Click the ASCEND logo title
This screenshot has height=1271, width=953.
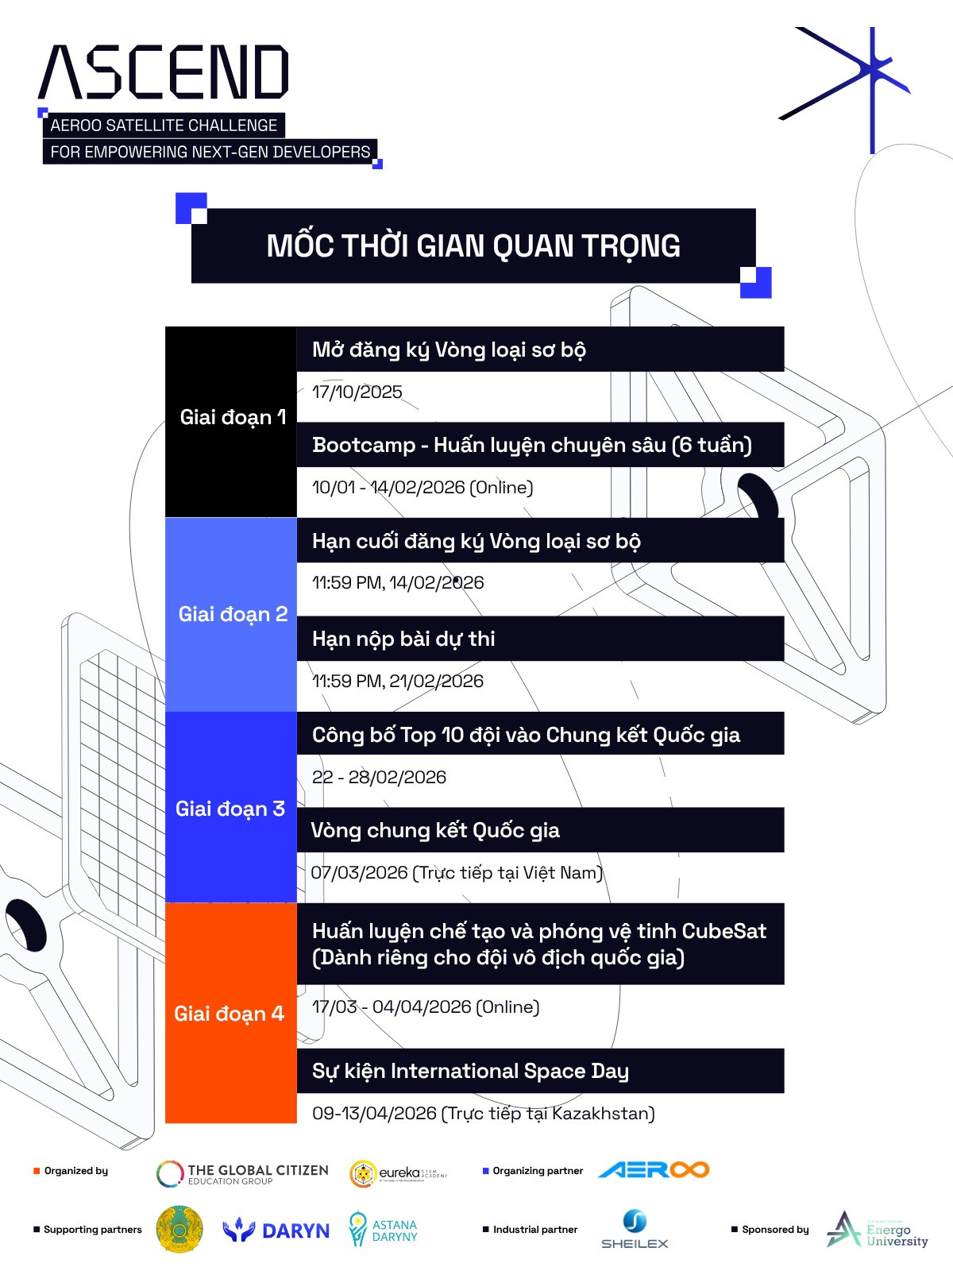pos(164,72)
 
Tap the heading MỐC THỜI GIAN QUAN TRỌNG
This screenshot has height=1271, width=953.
pos(473,246)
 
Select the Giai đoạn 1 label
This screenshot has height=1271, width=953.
pos(232,417)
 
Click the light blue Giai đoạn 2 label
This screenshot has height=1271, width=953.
pos(232,614)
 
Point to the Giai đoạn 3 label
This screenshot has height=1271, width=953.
pos(230,809)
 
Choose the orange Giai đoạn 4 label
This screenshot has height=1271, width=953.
pos(230,1014)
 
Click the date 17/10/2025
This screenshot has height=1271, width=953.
pos(357,392)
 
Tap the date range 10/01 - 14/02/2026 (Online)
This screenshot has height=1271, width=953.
pos(422,487)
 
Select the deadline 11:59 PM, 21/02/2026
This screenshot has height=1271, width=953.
pos(398,681)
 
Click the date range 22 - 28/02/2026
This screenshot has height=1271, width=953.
pos(380,777)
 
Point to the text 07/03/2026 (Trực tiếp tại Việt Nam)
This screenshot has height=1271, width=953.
pos(457,872)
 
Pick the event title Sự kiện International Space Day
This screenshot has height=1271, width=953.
pos(470,1071)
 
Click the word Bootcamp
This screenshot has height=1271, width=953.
pos(364,445)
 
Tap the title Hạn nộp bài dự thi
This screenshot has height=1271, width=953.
pos(403,639)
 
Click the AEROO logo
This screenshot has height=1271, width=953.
pos(654,1170)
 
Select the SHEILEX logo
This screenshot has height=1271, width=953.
pos(635,1229)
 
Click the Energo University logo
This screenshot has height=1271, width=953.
pos(877,1230)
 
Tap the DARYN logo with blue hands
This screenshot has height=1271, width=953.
pos(276,1230)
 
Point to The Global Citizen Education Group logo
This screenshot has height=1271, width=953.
pos(242,1174)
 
